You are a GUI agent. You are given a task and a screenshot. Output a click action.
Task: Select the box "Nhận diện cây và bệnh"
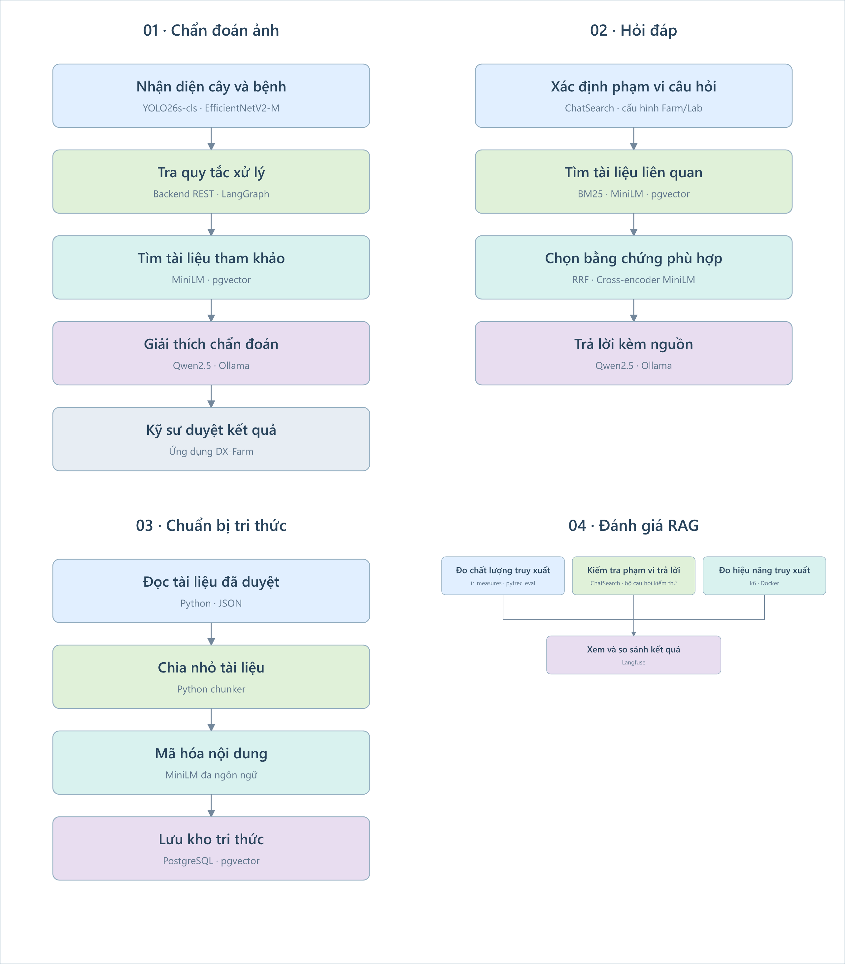(x=211, y=96)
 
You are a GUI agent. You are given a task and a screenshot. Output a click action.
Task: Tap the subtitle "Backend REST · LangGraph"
(x=211, y=194)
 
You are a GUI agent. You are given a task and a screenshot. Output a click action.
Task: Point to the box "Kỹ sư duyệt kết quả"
(x=211, y=439)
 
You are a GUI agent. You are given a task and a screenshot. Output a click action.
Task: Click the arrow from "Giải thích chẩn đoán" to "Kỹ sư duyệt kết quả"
(x=211, y=396)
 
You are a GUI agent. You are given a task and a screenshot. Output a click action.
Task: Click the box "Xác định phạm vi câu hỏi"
(x=633, y=96)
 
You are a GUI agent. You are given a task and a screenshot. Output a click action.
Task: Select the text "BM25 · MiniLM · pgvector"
(x=633, y=194)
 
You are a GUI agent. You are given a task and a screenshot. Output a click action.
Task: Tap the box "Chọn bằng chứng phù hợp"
(x=633, y=267)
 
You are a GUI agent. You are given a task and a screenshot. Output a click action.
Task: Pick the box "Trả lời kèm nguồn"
(x=633, y=353)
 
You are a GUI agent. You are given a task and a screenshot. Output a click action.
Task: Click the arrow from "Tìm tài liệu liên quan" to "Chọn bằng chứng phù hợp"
(x=633, y=224)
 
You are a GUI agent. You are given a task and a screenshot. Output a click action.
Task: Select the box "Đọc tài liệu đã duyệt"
(x=211, y=591)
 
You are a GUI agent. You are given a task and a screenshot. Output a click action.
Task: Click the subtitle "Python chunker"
(x=211, y=689)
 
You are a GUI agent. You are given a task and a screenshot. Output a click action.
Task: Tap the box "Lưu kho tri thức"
(x=211, y=848)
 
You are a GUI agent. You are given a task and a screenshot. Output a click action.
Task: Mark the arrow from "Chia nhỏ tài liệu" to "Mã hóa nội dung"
(x=211, y=720)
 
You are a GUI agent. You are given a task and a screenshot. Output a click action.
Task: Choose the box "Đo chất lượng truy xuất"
(x=503, y=576)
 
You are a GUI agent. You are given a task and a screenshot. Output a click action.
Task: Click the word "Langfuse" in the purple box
(x=633, y=663)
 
